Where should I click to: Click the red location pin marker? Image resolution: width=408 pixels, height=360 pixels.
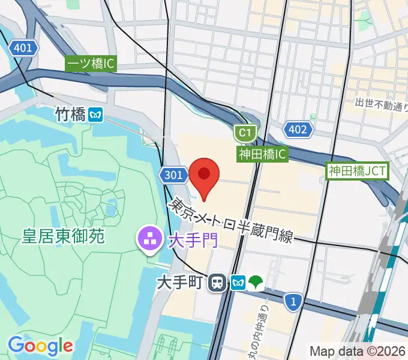click(203, 175)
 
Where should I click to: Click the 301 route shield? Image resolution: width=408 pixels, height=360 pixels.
click(171, 175)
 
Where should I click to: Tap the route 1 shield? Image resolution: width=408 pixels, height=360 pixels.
click(293, 302)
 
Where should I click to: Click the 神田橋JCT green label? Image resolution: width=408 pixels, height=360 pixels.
click(358, 171)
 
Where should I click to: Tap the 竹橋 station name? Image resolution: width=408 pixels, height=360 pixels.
click(70, 114)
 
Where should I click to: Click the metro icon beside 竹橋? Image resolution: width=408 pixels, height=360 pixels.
click(95, 114)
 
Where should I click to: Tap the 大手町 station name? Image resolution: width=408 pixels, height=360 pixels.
click(181, 282)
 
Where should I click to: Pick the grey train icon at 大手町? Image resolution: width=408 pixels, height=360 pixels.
click(217, 282)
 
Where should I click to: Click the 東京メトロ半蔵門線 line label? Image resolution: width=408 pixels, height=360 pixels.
click(230, 221)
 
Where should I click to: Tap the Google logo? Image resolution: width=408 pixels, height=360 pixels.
click(40, 346)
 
